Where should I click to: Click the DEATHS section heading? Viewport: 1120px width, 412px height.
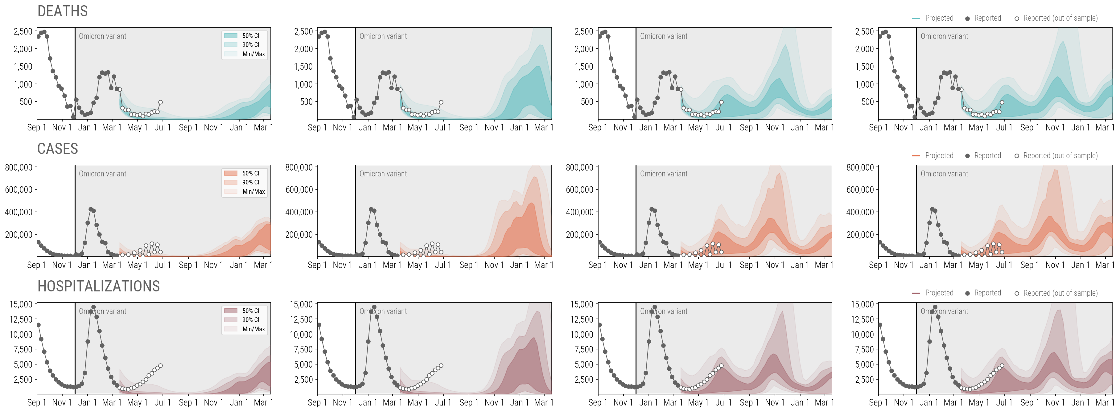pyautogui.click(x=63, y=11)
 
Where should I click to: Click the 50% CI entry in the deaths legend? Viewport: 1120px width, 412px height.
pyautogui.click(x=250, y=36)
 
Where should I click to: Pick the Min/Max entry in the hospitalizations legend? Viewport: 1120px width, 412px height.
pyautogui.click(x=253, y=329)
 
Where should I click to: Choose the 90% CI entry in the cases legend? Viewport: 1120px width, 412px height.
pyautogui.click(x=250, y=182)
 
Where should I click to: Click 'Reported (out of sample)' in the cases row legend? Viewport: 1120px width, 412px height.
pyautogui.click(x=1060, y=156)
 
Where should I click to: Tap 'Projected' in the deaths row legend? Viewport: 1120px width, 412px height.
pyautogui.click(x=939, y=18)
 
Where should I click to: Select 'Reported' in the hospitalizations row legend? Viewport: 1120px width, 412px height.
pyautogui.click(x=987, y=293)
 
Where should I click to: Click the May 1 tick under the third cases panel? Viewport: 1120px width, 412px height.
pyautogui.click(x=698, y=265)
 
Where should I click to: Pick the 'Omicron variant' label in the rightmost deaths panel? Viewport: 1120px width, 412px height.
pyautogui.click(x=944, y=36)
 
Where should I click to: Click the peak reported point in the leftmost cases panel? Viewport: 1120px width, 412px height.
pyautogui.click(x=90, y=209)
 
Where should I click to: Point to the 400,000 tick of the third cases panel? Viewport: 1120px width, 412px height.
pyautogui.click(x=579, y=212)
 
